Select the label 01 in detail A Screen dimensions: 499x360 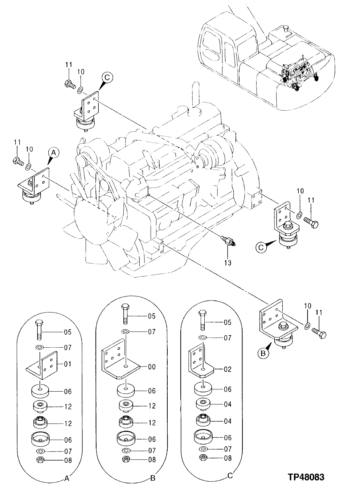(67, 364)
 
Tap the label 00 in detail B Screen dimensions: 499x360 (151, 367)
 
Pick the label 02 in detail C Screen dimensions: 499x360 (227, 370)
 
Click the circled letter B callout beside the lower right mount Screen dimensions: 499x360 (264, 352)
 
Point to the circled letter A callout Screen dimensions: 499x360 (53, 153)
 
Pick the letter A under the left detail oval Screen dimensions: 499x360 (66, 479)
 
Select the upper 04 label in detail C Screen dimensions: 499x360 (227, 404)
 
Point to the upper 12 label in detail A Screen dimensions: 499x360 (68, 406)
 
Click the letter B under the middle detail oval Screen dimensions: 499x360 (152, 479)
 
